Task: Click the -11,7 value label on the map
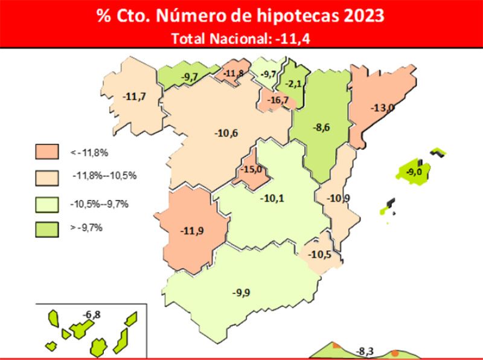pos(133,95)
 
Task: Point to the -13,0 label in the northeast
pos(382,108)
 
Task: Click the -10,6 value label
pos(226,133)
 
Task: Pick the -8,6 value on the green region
pos(321,127)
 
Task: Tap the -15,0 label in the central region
pos(251,170)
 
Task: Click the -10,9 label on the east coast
pos(338,198)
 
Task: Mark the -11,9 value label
pos(193,230)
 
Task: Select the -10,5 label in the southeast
pos(319,254)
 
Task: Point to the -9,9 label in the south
pos(241,293)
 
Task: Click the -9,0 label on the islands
pos(414,172)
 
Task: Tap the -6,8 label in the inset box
pos(92,315)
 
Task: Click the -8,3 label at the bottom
pos(365,351)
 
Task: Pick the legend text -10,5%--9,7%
pos(100,204)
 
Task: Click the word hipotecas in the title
pos(301,15)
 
